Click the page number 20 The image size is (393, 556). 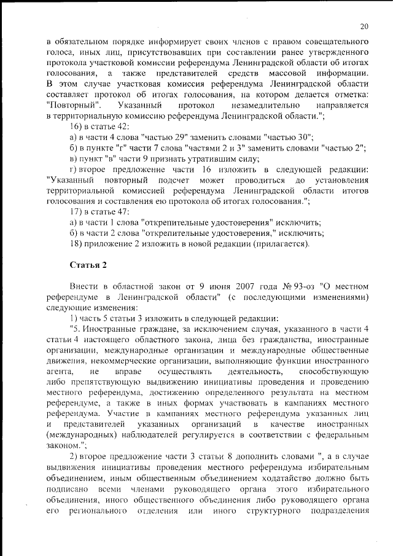point(364,26)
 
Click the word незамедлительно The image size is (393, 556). point(252,105)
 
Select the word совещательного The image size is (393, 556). point(332,42)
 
